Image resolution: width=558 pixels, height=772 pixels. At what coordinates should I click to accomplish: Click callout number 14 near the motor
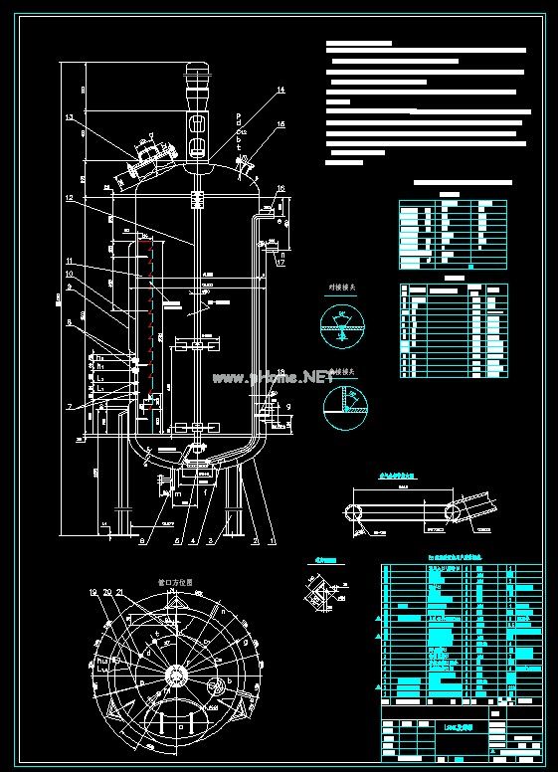pos(280,91)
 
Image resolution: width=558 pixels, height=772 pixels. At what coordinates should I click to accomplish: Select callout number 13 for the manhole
pos(70,118)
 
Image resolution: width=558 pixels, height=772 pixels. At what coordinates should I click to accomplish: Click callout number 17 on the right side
pos(281,264)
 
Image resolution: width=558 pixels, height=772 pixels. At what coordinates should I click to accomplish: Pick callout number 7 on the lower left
pos(68,407)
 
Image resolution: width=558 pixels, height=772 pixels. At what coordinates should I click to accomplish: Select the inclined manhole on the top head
pos(146,159)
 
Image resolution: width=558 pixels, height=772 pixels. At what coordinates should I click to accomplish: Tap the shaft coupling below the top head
pos(197,197)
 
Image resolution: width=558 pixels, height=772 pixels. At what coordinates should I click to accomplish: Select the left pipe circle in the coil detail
pos(352,511)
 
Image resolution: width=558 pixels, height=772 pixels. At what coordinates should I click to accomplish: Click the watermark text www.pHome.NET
pos(271,377)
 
